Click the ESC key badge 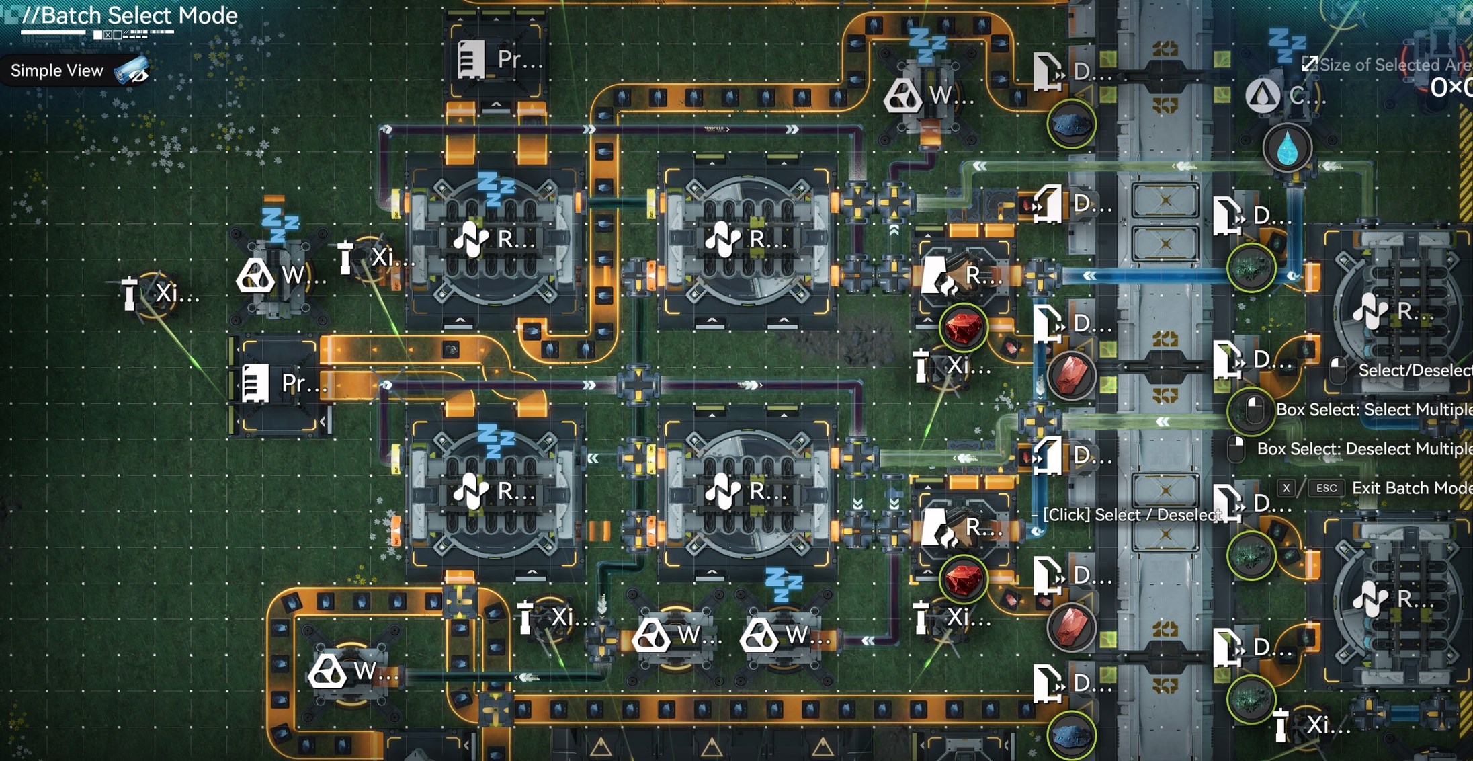click(x=1326, y=488)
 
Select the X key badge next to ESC click(x=1286, y=488)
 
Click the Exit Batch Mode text click(x=1411, y=488)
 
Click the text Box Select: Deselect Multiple click(x=1364, y=448)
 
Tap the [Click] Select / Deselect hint click(x=1132, y=515)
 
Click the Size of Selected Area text click(x=1395, y=65)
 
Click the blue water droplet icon click(x=1288, y=148)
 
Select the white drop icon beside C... click(x=1263, y=95)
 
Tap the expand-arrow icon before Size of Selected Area click(x=1309, y=64)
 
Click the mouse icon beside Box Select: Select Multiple click(x=1253, y=409)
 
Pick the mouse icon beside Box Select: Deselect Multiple click(x=1236, y=448)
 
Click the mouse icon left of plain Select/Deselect click(x=1337, y=370)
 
